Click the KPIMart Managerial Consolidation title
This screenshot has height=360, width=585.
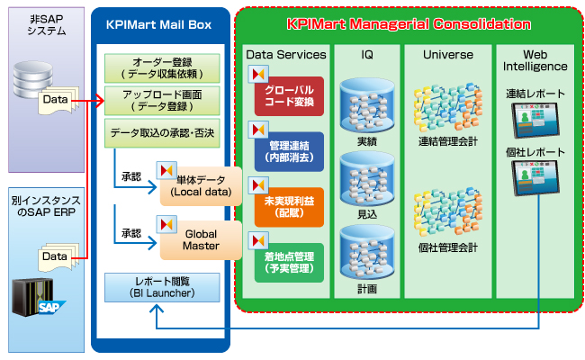coord(409,24)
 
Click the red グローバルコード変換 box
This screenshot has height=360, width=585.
coord(290,96)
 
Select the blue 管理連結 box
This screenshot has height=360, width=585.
coord(290,149)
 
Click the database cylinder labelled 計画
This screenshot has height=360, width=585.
coord(366,256)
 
